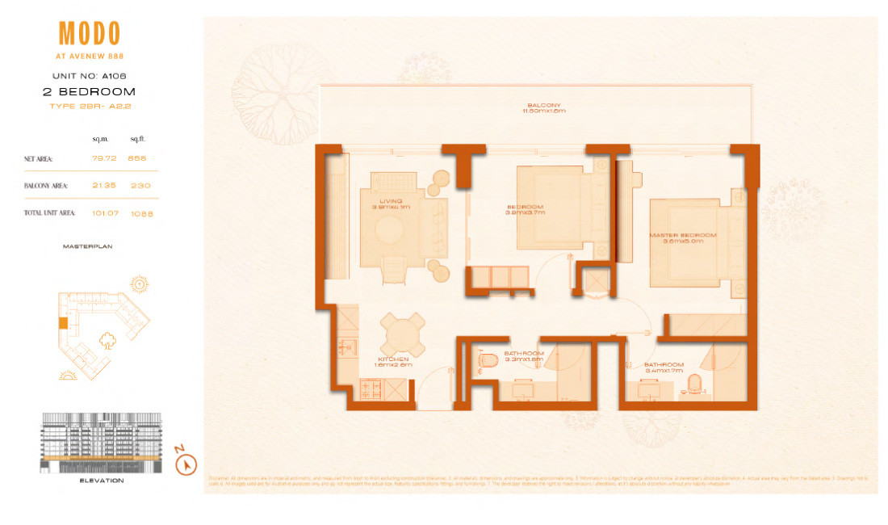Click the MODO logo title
click(90, 34)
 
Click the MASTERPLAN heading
click(87, 246)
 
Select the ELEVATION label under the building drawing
click(102, 481)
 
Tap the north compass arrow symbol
click(186, 464)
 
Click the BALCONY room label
click(539, 106)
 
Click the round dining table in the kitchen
click(401, 333)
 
